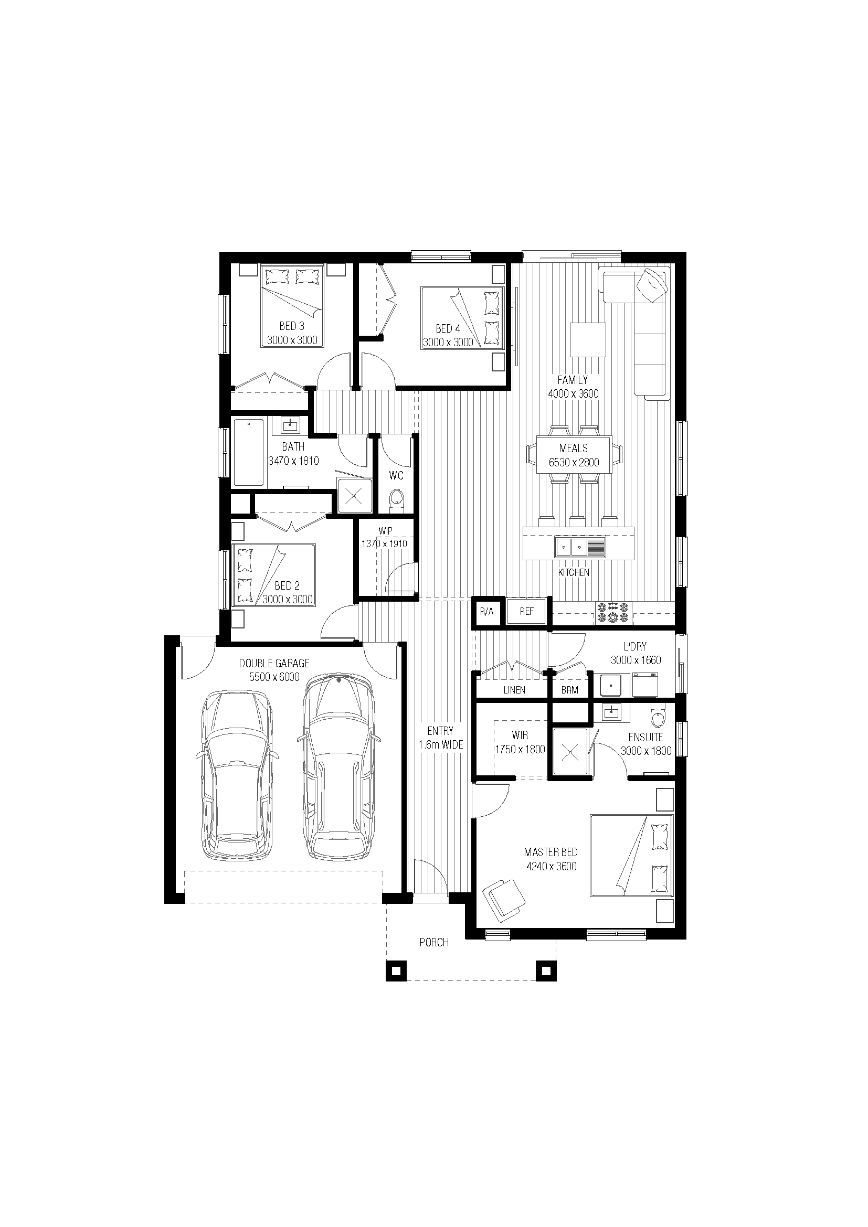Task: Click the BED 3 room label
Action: point(292,326)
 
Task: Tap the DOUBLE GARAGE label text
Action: point(274,663)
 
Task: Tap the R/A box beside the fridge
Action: point(487,612)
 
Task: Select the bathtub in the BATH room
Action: point(249,453)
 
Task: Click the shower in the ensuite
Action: point(571,751)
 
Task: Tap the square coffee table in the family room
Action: point(588,339)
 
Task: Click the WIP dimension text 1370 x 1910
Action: point(384,543)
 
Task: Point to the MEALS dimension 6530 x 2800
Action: point(574,462)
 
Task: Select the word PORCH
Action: point(434,942)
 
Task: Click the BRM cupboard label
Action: point(570,690)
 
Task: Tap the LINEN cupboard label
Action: point(514,690)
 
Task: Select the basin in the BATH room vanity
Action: point(290,425)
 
